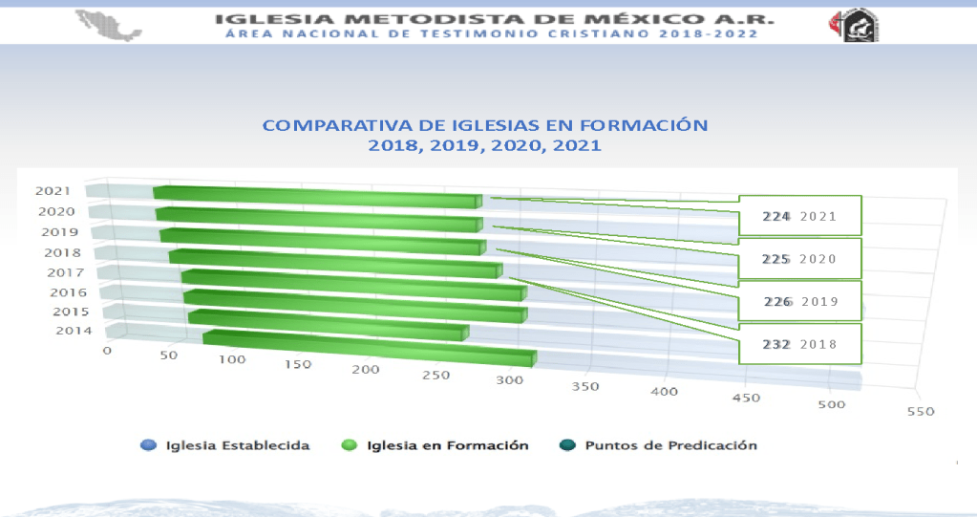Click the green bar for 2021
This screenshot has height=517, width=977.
click(x=315, y=197)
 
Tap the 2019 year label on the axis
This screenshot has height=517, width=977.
click(x=59, y=232)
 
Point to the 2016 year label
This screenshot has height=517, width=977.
click(x=68, y=292)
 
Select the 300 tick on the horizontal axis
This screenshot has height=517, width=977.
click(x=509, y=380)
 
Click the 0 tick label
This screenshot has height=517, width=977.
click(x=107, y=351)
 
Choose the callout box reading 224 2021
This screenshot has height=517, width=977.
click(x=800, y=216)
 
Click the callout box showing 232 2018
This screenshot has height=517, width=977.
click(x=800, y=344)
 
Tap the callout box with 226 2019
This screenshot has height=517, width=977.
click(x=800, y=301)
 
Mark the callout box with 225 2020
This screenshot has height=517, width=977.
click(x=800, y=259)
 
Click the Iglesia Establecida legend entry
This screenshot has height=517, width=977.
click(x=225, y=445)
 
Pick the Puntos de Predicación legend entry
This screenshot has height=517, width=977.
click(x=659, y=445)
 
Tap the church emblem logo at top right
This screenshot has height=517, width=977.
click(x=854, y=25)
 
